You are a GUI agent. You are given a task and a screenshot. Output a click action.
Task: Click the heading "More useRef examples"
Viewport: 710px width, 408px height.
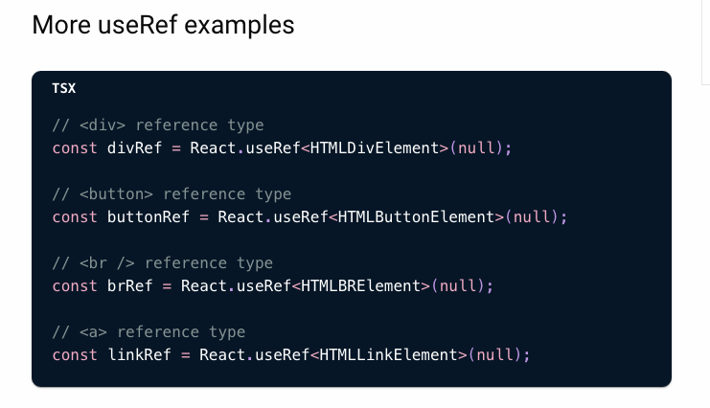(163, 25)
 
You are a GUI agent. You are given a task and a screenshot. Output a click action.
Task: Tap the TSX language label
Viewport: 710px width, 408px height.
(64, 88)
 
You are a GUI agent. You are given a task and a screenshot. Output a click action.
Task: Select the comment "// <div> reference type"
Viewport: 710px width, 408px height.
(158, 125)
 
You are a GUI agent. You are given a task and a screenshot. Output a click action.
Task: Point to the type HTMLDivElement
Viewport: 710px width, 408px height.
(375, 148)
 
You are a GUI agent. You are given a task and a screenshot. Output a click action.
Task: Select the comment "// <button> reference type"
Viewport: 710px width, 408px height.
(172, 194)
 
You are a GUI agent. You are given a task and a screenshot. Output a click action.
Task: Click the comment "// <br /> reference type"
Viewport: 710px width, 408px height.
(163, 263)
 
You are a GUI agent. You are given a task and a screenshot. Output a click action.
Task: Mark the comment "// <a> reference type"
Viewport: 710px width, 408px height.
(149, 332)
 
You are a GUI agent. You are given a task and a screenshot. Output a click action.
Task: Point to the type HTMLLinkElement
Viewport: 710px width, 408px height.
(388, 355)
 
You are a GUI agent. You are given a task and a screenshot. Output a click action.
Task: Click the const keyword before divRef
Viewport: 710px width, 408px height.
(75, 148)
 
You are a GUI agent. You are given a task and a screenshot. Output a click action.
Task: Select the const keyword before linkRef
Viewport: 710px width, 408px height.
(75, 355)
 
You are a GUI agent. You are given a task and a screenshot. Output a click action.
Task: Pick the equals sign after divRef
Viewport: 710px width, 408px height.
(176, 148)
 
